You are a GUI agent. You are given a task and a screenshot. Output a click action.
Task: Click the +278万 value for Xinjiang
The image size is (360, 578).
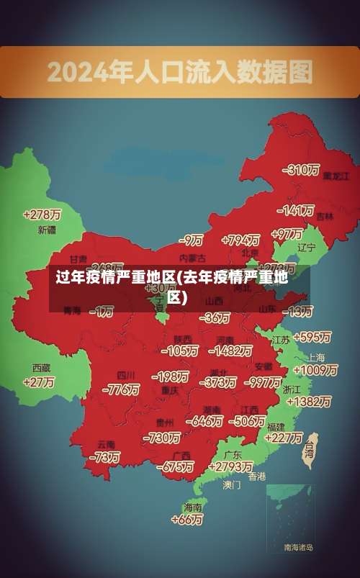click(x=42, y=215)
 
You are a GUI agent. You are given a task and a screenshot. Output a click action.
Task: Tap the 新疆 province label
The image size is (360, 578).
click(x=47, y=230)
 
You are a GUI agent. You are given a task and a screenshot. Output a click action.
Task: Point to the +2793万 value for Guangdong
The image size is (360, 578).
click(x=229, y=467)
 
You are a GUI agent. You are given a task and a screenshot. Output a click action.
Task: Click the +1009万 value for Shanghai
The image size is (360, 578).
click(x=315, y=370)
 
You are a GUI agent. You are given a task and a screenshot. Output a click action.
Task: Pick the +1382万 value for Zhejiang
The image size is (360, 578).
click(x=307, y=402)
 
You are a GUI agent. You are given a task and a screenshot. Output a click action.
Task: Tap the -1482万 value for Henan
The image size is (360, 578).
click(x=230, y=351)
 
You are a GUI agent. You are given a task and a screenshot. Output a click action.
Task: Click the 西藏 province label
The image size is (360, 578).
click(x=42, y=367)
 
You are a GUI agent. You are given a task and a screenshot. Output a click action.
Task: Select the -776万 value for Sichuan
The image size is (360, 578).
click(x=121, y=389)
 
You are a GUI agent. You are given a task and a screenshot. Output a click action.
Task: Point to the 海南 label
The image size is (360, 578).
click(x=193, y=506)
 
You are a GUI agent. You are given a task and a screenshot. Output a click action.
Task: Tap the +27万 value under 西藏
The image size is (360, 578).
click(x=39, y=382)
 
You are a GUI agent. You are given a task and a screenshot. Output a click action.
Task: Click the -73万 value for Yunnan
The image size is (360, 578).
click(x=104, y=457)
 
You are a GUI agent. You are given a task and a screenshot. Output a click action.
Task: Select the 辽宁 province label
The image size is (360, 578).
click(x=307, y=248)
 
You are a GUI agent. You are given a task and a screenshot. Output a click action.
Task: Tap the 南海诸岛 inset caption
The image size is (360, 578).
click(x=298, y=548)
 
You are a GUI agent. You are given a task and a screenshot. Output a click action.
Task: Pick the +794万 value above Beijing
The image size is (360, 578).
click(x=241, y=240)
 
